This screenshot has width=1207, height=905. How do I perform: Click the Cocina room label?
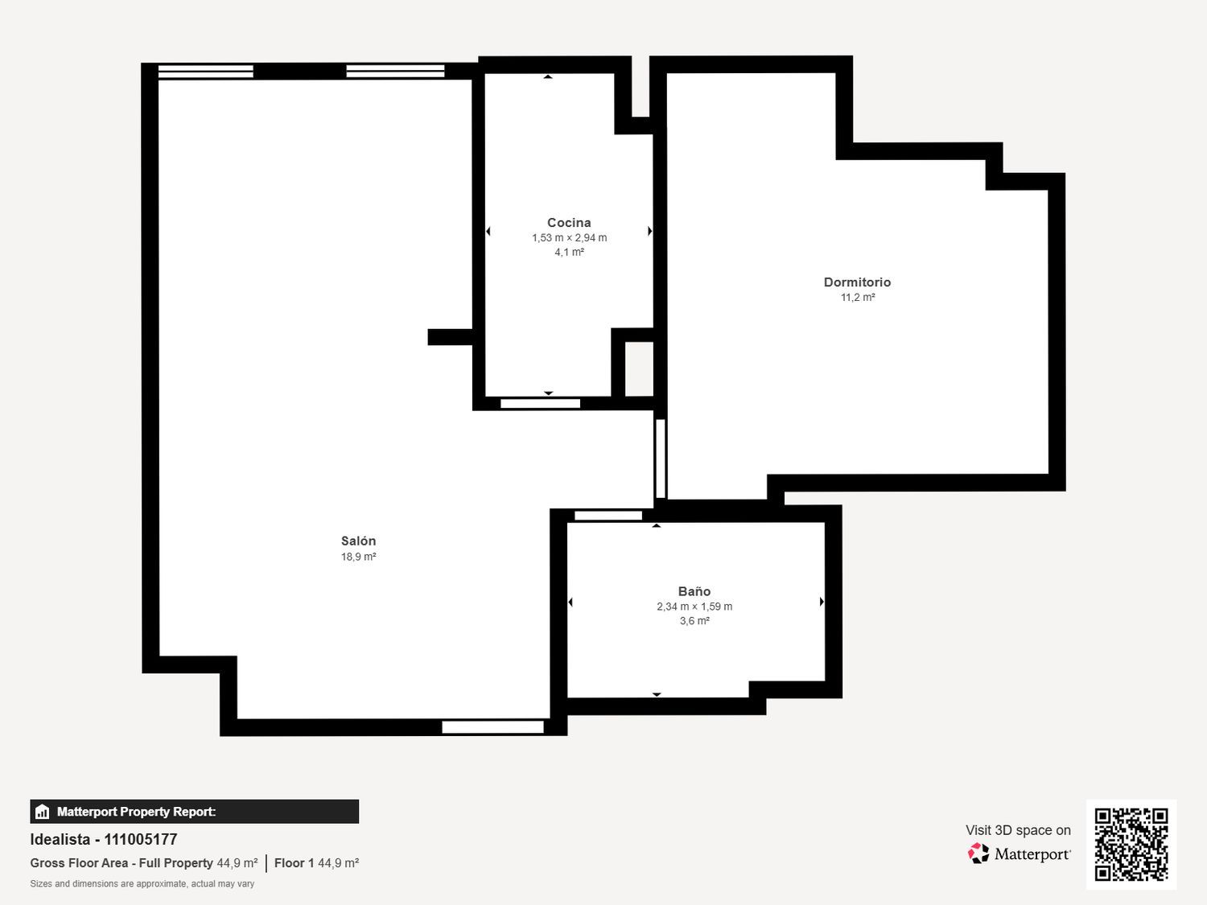click(569, 223)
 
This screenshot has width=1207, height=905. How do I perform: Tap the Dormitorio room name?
click(857, 282)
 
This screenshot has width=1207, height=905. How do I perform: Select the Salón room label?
click(359, 541)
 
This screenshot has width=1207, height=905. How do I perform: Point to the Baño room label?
click(694, 591)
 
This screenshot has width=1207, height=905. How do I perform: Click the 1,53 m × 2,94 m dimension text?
click(569, 238)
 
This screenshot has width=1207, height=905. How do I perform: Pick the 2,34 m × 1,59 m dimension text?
click(694, 607)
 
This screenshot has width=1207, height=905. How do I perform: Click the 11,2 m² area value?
click(858, 298)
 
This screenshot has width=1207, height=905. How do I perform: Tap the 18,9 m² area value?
click(359, 557)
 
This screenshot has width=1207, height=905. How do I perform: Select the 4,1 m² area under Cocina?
click(569, 253)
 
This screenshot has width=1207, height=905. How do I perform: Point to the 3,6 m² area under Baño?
click(694, 621)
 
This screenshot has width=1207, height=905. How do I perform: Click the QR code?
click(1131, 844)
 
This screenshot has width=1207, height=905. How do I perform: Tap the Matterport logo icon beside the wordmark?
click(978, 854)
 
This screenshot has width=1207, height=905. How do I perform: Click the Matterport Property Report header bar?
click(194, 812)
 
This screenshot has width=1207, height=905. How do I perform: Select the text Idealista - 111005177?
click(104, 840)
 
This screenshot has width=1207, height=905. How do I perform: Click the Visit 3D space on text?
click(1018, 830)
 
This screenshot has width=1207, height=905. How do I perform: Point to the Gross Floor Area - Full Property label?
click(122, 863)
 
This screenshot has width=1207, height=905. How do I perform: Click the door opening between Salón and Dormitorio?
click(661, 459)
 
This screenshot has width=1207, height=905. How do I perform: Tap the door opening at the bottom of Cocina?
click(540, 404)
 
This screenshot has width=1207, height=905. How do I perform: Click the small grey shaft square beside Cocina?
click(640, 368)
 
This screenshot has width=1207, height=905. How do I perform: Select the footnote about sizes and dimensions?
click(142, 884)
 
